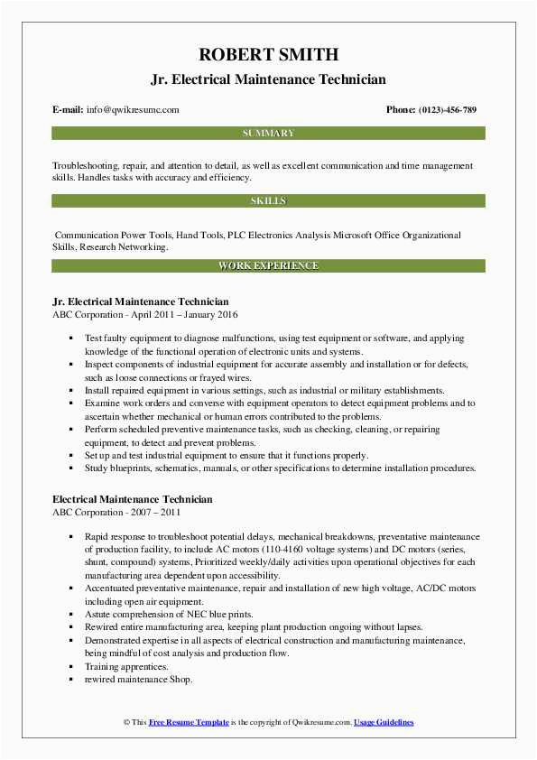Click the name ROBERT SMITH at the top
point(268,54)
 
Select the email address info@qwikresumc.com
point(134,110)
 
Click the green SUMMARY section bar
point(268,134)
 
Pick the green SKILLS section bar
point(268,200)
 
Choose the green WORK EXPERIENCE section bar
point(268,266)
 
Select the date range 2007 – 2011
point(154,511)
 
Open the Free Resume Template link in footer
point(189,722)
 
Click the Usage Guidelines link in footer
point(384,722)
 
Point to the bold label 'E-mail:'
point(69,110)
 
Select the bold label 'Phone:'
point(400,110)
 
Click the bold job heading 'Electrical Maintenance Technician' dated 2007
point(133,498)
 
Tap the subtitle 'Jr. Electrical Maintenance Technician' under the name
point(268,80)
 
